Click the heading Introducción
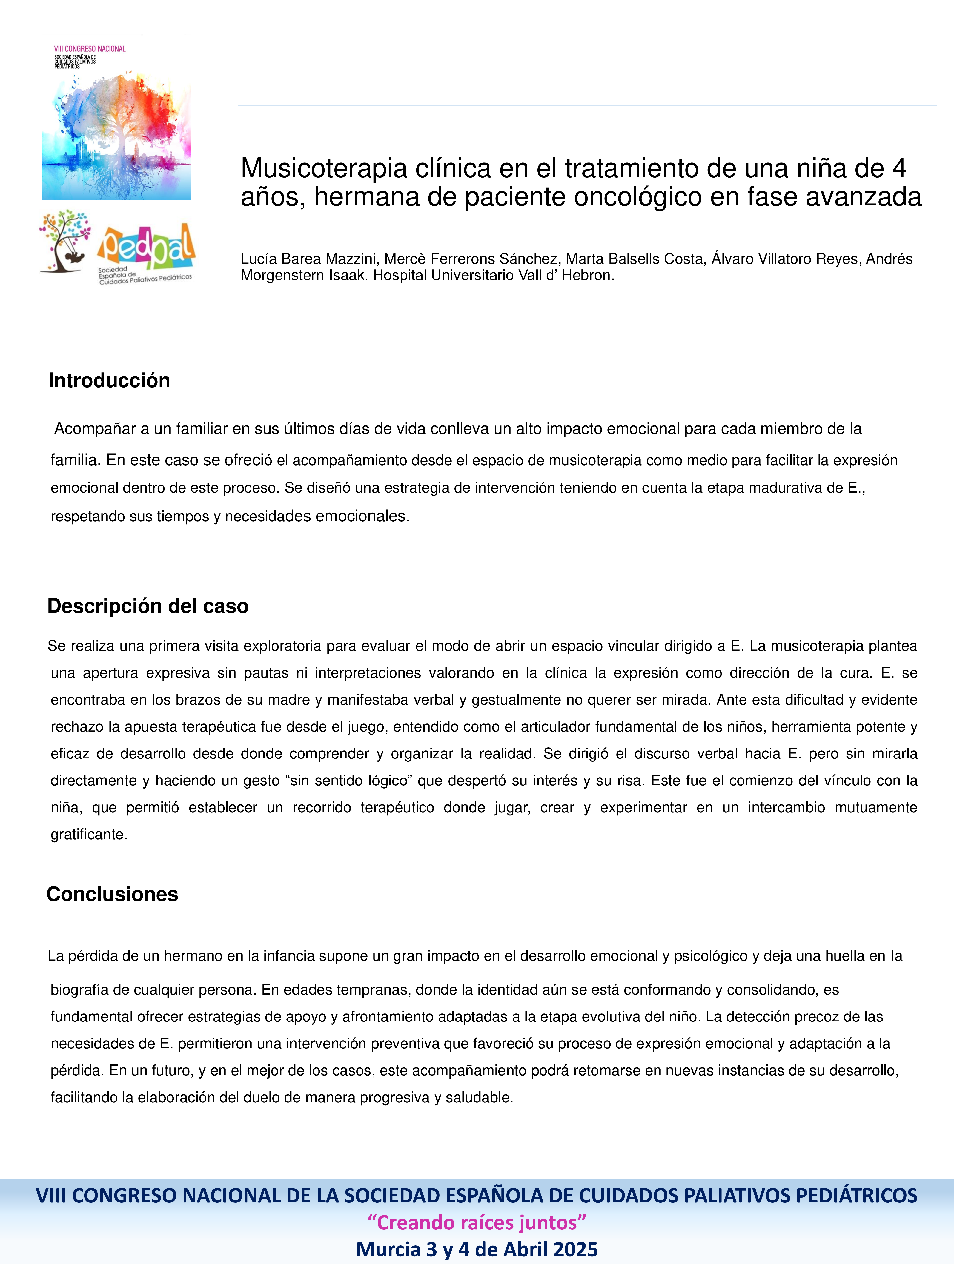[x=109, y=381]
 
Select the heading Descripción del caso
[x=148, y=606]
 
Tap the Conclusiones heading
[x=112, y=894]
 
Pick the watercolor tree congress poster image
[x=117, y=135]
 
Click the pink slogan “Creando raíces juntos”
[x=477, y=1222]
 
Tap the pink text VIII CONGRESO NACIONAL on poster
[x=90, y=49]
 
